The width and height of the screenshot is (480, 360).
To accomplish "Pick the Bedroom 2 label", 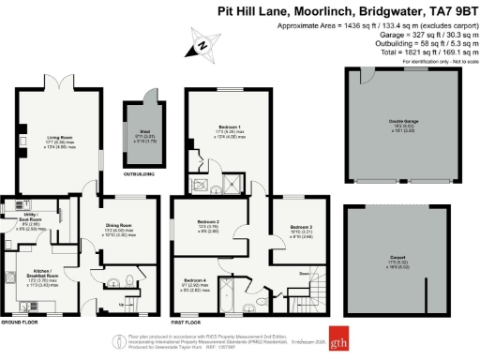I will (x=209, y=221).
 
